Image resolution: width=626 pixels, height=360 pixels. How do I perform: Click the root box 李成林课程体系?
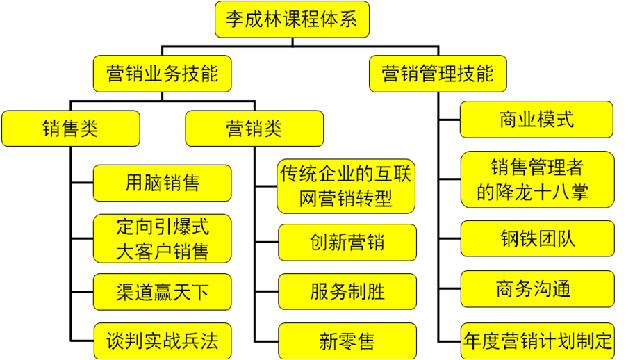pyautogui.click(x=292, y=19)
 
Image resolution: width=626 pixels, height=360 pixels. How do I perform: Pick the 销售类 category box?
pyautogui.click(x=71, y=129)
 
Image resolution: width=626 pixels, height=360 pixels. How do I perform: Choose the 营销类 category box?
pyautogui.click(x=254, y=129)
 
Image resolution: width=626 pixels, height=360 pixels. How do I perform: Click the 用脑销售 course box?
pyautogui.click(x=163, y=183)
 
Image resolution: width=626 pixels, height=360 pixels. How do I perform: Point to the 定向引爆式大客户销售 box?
pyautogui.click(x=163, y=238)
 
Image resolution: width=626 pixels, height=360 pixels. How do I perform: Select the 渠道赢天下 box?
pyautogui.click(x=163, y=292)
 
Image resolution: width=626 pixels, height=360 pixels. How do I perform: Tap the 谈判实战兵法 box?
pyautogui.click(x=163, y=341)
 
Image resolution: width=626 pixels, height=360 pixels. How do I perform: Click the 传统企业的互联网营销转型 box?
pyautogui.click(x=346, y=186)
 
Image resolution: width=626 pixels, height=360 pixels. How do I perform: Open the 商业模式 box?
pyautogui.click(x=536, y=119)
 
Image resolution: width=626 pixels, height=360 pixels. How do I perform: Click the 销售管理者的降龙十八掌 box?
pyautogui.click(x=536, y=179)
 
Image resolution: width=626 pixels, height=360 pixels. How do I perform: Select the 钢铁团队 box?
pyautogui.click(x=536, y=238)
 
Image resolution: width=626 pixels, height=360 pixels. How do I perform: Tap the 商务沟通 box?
pyautogui.click(x=536, y=288)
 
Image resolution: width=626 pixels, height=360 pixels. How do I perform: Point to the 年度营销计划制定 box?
pyautogui.click(x=537, y=341)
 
